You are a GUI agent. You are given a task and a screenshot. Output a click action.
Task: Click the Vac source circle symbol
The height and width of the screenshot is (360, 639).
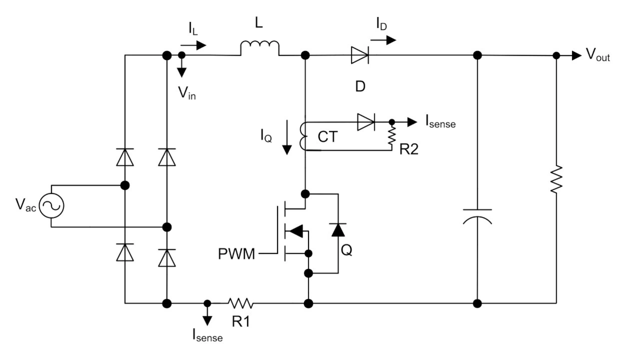(x=51, y=206)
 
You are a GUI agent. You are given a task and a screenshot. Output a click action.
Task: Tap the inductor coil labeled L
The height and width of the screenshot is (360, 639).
(x=260, y=48)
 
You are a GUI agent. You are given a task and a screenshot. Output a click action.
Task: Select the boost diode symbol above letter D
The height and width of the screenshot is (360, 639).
(x=359, y=55)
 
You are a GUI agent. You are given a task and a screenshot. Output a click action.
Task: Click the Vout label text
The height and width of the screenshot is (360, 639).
(x=598, y=56)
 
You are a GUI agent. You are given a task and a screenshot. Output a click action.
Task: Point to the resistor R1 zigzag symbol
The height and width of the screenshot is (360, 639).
(x=241, y=303)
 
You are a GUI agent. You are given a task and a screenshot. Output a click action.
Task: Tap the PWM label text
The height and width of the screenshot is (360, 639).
(x=237, y=255)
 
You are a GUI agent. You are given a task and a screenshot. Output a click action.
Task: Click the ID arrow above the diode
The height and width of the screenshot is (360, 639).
(x=385, y=39)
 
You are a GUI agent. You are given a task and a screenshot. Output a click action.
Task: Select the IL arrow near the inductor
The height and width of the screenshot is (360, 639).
(x=197, y=45)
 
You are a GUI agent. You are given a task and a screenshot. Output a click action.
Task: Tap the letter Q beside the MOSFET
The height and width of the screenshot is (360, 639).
(x=346, y=250)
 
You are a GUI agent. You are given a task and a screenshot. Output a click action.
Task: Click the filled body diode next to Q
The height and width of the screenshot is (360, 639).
(x=338, y=230)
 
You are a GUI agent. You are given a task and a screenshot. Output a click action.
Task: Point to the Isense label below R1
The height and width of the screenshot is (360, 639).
(x=208, y=336)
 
